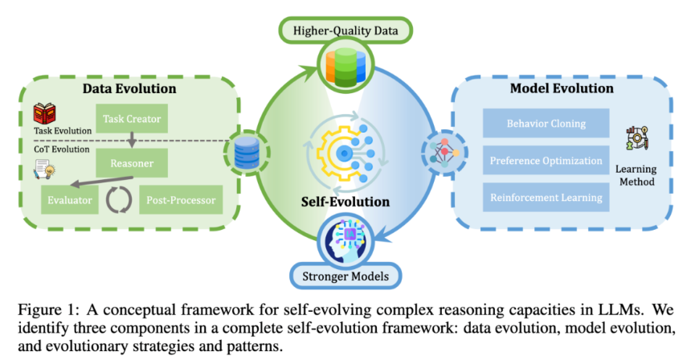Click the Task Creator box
132,120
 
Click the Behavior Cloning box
546,124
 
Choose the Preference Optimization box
546,161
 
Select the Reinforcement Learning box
546,198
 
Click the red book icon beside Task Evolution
43,115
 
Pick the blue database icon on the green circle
243,150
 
